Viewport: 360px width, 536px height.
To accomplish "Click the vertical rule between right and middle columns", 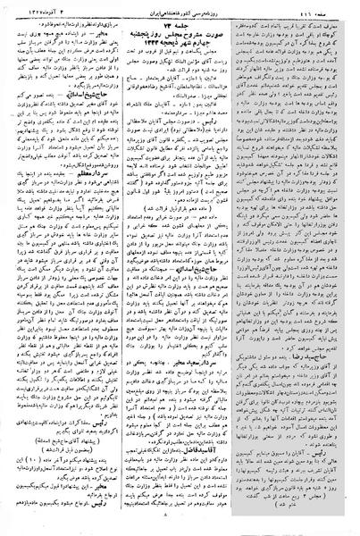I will (x=240, y=268).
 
